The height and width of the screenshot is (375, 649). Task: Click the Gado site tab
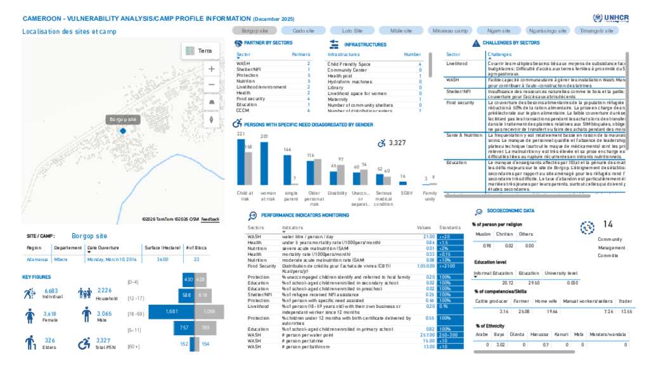click(304, 30)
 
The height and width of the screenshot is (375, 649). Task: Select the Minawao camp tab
click(449, 30)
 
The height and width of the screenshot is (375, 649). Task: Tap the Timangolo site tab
click(596, 30)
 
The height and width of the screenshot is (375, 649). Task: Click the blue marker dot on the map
click(123, 130)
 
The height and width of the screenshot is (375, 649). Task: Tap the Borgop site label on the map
click(123, 119)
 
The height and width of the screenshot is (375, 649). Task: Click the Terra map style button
click(200, 51)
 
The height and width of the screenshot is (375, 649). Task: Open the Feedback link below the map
click(210, 219)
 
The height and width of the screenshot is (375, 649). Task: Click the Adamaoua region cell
click(37, 259)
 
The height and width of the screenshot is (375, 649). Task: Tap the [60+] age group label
click(133, 346)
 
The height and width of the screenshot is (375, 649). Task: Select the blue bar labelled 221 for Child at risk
click(241, 162)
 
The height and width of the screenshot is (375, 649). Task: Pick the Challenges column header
click(500, 54)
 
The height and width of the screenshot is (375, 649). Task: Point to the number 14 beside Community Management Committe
click(608, 224)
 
